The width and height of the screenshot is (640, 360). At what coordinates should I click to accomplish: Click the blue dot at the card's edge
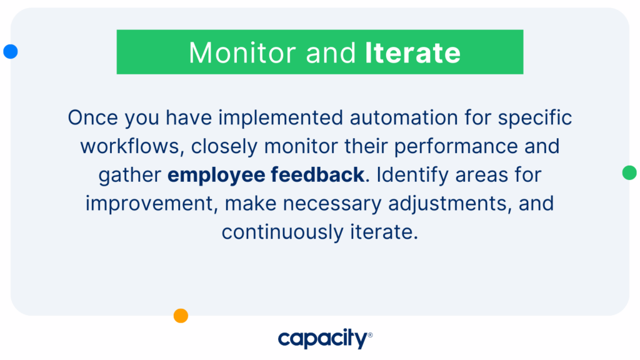point(11,51)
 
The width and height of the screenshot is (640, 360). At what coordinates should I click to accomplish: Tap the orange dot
point(181,316)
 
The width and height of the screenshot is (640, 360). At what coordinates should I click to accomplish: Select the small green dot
point(629,172)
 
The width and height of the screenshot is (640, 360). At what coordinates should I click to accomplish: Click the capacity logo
point(325,338)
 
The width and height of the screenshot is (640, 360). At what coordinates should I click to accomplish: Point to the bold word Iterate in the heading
point(412,52)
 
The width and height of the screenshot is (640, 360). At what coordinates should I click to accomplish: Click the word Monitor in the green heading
point(242,52)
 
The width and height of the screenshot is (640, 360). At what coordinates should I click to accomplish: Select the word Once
point(92,117)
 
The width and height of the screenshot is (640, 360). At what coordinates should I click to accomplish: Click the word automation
point(404,117)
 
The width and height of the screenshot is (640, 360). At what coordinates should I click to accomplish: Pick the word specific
point(535,118)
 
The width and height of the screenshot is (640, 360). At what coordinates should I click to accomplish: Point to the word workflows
point(130,146)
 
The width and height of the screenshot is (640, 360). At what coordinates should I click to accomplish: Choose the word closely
point(224,146)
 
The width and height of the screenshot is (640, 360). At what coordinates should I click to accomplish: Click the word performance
point(456,146)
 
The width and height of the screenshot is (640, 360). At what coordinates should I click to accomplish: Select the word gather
point(130,175)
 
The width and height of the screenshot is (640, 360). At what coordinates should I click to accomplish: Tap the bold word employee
point(216,175)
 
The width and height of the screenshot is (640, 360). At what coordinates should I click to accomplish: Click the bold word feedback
point(317,175)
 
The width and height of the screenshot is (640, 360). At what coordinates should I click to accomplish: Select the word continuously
point(282,232)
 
